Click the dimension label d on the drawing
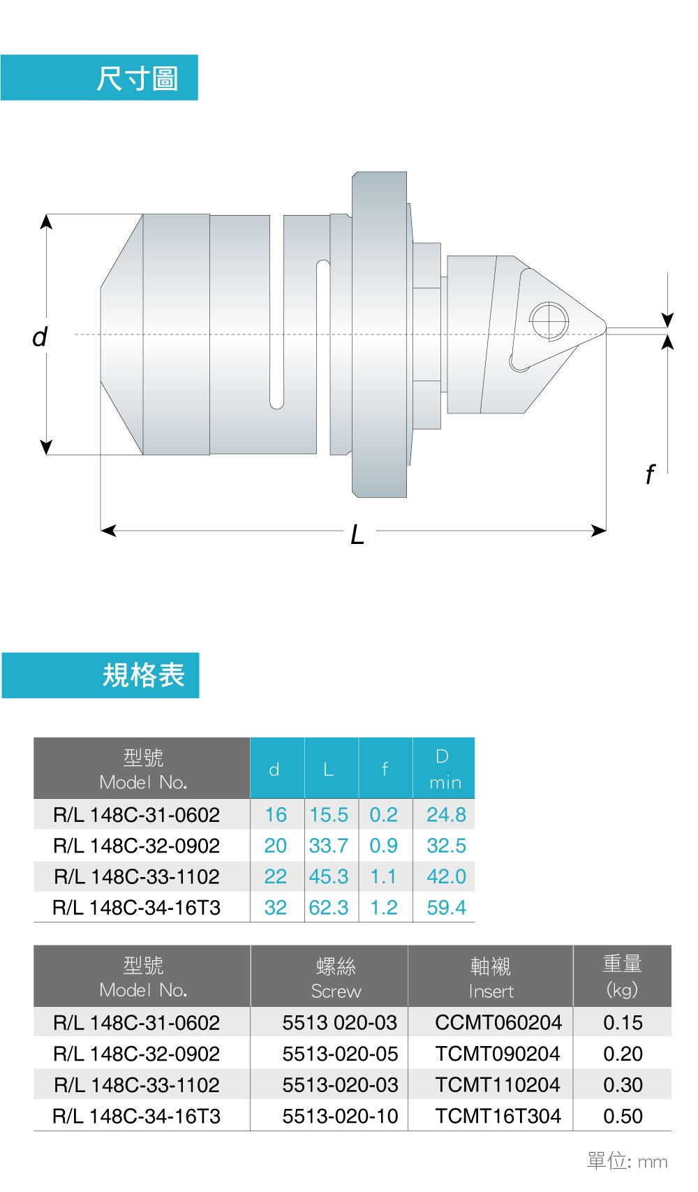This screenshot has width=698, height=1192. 40,337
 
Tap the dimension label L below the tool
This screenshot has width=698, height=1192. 357,534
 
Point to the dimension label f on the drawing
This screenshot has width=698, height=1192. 650,474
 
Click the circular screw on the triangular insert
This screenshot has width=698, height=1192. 549,321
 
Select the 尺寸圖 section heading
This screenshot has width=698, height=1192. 138,79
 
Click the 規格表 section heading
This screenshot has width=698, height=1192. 143,675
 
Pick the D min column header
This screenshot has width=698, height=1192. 444,768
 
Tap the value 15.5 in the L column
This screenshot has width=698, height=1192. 329,815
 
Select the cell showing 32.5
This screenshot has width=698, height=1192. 446,846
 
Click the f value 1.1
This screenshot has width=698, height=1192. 383,876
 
